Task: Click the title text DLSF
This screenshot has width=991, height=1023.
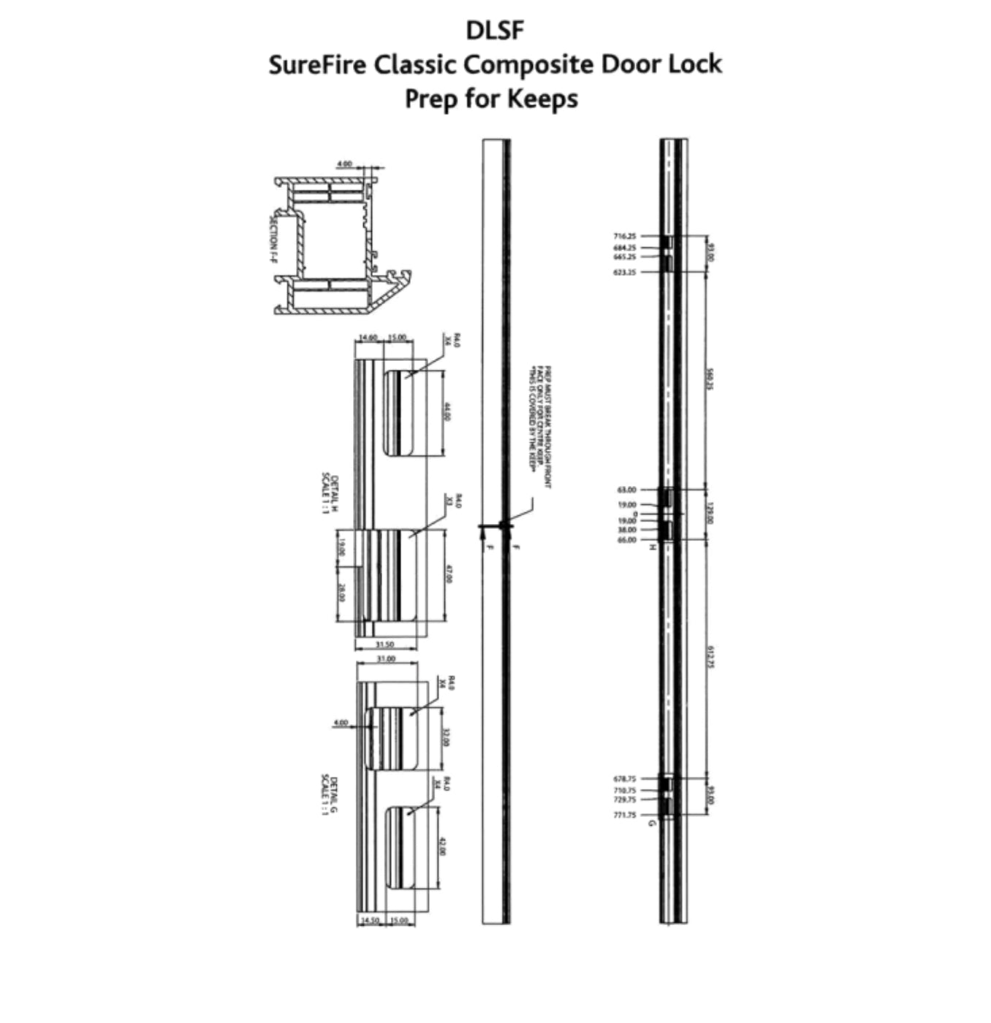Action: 495,30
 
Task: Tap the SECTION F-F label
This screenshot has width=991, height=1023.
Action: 273,238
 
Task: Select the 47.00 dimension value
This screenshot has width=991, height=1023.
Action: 447,574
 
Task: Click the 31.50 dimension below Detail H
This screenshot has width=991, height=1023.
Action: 384,644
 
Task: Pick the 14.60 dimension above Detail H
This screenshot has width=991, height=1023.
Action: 368,338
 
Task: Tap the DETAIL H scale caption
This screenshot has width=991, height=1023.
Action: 330,495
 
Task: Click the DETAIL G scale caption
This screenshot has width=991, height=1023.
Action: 329,796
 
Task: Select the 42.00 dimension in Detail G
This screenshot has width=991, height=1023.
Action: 441,847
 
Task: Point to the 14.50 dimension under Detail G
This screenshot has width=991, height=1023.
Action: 371,921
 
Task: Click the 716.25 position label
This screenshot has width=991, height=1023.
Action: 625,236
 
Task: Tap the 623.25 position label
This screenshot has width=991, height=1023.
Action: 625,272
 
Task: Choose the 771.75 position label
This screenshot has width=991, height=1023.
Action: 625,815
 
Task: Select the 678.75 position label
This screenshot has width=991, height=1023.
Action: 625,779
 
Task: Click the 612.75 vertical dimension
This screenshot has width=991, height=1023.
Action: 711,657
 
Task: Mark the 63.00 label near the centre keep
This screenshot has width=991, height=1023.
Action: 627,490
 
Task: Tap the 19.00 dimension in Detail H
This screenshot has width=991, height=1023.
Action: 341,547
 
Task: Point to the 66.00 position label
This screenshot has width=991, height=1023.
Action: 627,540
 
